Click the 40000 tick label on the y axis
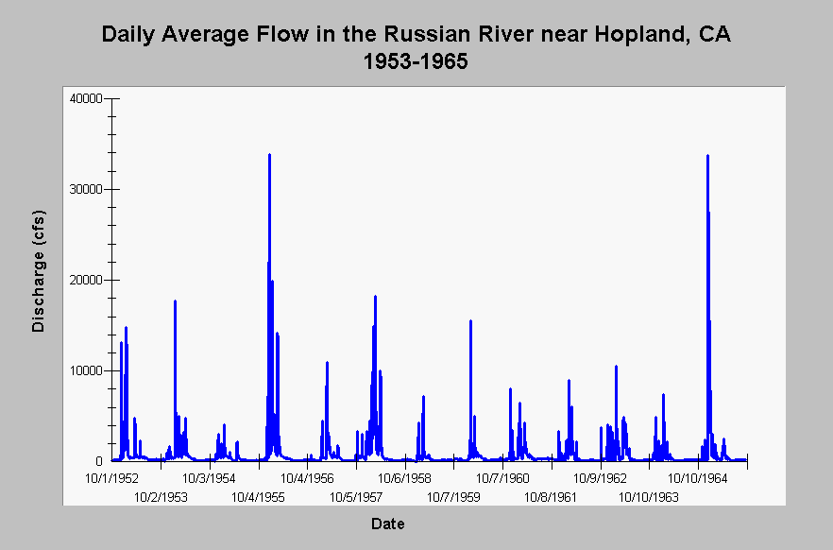[86, 99]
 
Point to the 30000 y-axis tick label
[86, 190]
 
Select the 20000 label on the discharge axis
[86, 280]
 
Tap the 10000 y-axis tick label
[86, 370]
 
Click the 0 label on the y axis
[99, 461]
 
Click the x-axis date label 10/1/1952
[111, 479]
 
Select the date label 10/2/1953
[161, 497]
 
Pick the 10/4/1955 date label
[258, 497]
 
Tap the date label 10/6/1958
[405, 479]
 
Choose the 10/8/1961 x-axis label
[551, 497]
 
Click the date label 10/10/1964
[698, 479]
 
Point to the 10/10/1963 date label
[649, 497]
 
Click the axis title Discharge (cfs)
[38, 271]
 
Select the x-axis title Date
[388, 524]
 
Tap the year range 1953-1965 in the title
[416, 61]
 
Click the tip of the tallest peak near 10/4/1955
[270, 154]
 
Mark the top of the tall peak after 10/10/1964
[707, 155]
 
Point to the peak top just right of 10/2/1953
[175, 301]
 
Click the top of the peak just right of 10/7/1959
[470, 320]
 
